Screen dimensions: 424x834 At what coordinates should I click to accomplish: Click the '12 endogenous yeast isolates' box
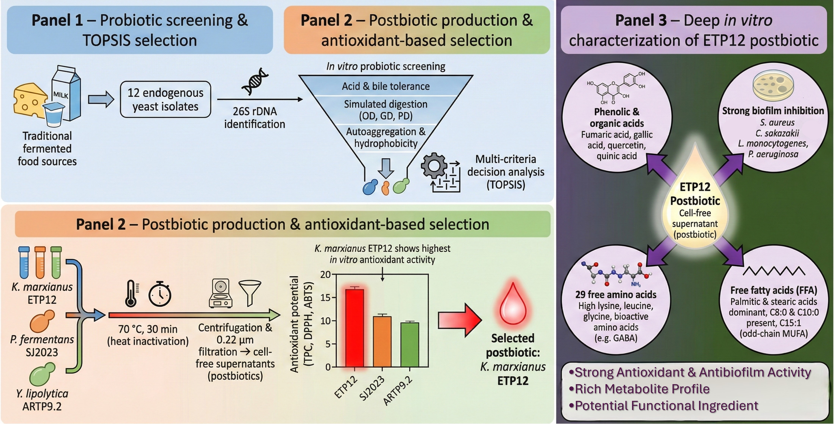(165, 100)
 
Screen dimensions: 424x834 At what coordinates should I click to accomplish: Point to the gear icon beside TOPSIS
(434, 166)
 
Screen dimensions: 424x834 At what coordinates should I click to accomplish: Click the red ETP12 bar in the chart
(354, 327)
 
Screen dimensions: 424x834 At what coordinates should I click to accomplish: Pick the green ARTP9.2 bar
(410, 344)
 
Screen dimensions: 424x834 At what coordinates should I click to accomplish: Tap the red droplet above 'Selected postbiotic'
(513, 303)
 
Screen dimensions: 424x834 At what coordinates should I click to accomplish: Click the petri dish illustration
(773, 86)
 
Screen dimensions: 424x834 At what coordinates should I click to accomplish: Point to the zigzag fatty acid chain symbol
(774, 271)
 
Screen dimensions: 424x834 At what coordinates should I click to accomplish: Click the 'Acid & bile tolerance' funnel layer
(386, 86)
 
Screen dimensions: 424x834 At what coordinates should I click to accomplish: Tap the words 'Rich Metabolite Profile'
(642, 389)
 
